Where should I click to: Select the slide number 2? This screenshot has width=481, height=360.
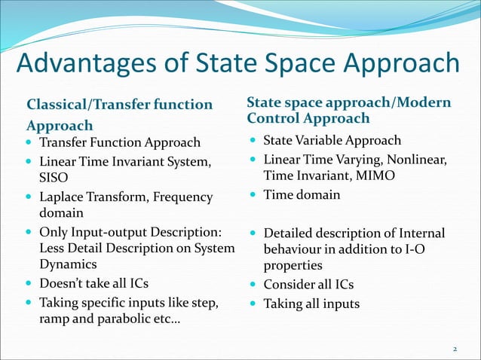455,349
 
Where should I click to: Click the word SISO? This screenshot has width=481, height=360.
54,178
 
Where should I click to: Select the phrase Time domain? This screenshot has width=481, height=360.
302,195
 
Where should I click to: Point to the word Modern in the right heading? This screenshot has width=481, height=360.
425,102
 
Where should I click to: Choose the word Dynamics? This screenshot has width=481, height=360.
69,264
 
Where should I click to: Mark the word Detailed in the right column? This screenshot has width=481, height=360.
288,233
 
